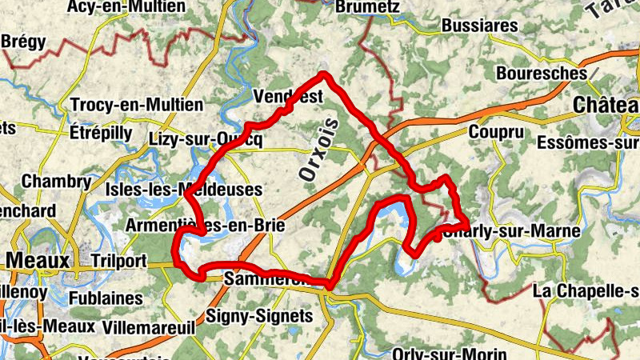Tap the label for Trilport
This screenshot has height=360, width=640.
click(x=119, y=261)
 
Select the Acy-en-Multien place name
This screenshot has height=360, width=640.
click(x=126, y=7)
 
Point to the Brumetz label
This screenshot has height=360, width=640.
click(x=368, y=7)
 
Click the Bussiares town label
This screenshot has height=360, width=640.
click(x=479, y=26)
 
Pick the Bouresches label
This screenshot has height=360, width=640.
click(x=542, y=73)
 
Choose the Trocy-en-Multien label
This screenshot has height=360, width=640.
click(x=137, y=105)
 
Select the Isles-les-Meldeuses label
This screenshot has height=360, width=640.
click(x=184, y=190)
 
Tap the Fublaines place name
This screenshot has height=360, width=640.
click(x=106, y=298)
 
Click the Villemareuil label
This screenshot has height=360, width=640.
click(x=143, y=326)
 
